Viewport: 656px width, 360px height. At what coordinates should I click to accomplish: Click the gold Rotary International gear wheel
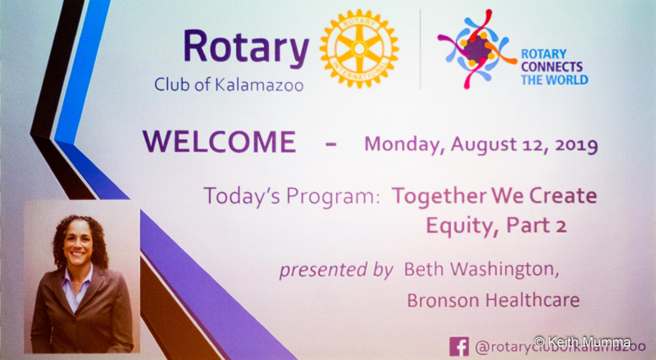359,48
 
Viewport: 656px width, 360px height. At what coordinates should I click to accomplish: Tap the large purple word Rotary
246,48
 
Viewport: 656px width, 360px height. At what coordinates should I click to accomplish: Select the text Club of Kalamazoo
229,84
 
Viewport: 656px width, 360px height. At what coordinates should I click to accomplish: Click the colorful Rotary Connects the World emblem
477,49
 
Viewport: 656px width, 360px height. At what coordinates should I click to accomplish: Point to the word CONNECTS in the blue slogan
552,66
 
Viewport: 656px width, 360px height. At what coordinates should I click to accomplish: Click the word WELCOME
219,142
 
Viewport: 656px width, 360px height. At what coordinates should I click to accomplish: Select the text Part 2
536,226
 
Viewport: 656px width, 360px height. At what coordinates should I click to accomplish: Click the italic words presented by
336,270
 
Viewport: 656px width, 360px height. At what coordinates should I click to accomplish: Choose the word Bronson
444,300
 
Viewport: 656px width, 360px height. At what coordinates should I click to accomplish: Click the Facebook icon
459,346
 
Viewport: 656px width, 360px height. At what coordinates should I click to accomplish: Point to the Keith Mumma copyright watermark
582,342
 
